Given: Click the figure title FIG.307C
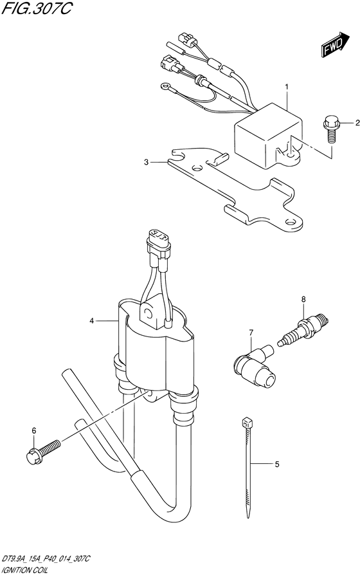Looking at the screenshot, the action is pos(35,8).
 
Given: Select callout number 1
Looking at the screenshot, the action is pos(287,87).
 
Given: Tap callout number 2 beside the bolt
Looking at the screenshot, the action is pos(357,124).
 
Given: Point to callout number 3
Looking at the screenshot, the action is pos(147,162).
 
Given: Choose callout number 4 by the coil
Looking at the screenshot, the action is pos(91,321).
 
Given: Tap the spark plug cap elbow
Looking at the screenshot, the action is pos(254,366).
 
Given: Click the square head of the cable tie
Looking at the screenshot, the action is pos(245,421).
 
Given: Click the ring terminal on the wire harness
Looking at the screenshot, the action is pos(164,87).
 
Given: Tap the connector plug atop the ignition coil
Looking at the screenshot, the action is pos(158,243).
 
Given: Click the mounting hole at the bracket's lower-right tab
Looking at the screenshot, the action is pos(292,223).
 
